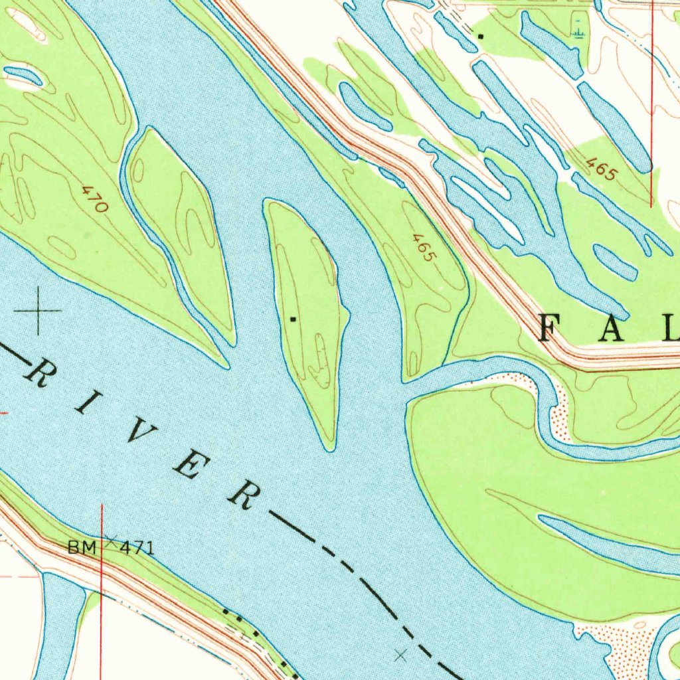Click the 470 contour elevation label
click(x=94, y=199)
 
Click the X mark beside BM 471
click(x=110, y=539)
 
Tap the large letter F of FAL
click(x=555, y=328)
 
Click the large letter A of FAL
click(x=614, y=328)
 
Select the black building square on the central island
click(x=293, y=319)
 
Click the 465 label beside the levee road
click(x=423, y=247)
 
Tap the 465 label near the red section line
click(x=602, y=169)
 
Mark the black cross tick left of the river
click(x=38, y=310)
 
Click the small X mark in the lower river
click(x=400, y=655)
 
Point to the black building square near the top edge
click(x=481, y=35)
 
